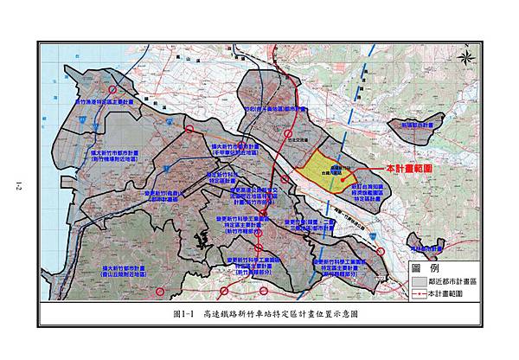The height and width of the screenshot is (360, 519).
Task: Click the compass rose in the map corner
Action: pos(465,58)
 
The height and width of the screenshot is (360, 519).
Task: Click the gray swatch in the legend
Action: pos(420,281)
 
